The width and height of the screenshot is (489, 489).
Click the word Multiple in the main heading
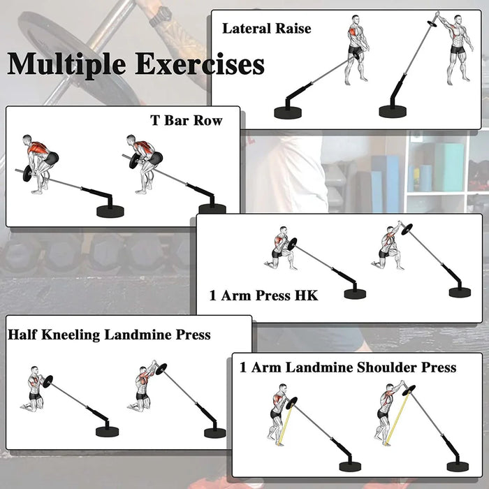pyautogui.click(x=66, y=64)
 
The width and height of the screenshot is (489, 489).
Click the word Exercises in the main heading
pyautogui.click(x=200, y=64)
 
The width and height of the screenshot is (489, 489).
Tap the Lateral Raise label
pyautogui.click(x=267, y=29)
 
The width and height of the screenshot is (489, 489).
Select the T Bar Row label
pyautogui.click(x=187, y=121)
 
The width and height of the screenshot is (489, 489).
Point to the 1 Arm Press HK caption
pyautogui.click(x=263, y=295)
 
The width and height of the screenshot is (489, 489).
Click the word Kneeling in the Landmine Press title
pyautogui.click(x=71, y=335)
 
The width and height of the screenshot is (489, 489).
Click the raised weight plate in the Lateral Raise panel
pyautogui.click(x=432, y=24)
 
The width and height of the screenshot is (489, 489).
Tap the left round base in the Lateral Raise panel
pyautogui.click(x=288, y=112)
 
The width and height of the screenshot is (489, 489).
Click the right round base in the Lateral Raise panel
pyautogui.click(x=393, y=111)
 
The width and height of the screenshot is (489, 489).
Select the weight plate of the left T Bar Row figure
pyautogui.click(x=27, y=173)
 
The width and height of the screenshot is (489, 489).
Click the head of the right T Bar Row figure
pyautogui.click(x=131, y=139)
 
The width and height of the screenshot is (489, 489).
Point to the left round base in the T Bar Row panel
pyautogui.click(x=110, y=211)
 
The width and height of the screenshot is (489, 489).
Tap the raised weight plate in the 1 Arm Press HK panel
pyautogui.click(x=407, y=229)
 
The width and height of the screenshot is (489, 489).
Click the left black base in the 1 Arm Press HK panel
pyautogui.click(x=355, y=294)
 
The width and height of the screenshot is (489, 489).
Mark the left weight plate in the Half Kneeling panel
pyautogui.click(x=48, y=381)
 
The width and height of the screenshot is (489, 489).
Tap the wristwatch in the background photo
pyautogui.click(x=161, y=16)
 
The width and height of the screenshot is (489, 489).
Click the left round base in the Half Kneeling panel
pyautogui.click(x=108, y=432)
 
